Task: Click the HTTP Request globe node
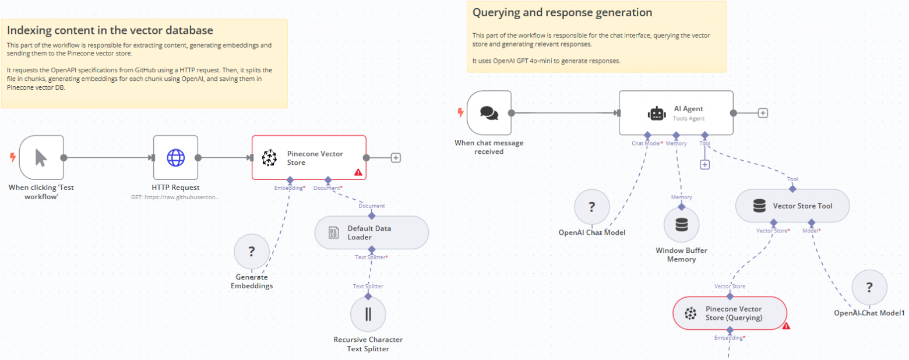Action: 175,157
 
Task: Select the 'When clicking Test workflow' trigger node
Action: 41,157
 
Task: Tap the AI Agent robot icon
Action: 657,114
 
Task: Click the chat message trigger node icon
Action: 489,112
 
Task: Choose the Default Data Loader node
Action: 372,233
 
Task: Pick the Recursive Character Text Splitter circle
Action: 368,315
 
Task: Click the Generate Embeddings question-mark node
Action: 252,252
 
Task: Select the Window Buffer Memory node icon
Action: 682,225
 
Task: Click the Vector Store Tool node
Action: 792,206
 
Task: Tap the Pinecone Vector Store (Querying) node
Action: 730,313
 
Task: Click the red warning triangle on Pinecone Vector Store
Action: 358,172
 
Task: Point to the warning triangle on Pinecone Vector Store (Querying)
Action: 786,326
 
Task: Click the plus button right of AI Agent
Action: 763,113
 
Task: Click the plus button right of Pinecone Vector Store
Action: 396,157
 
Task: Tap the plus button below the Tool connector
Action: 704,165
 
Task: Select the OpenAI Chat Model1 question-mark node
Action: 869,287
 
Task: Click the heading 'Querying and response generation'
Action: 562,12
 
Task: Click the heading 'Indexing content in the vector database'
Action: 110,30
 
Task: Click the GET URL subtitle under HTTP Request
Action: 175,197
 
